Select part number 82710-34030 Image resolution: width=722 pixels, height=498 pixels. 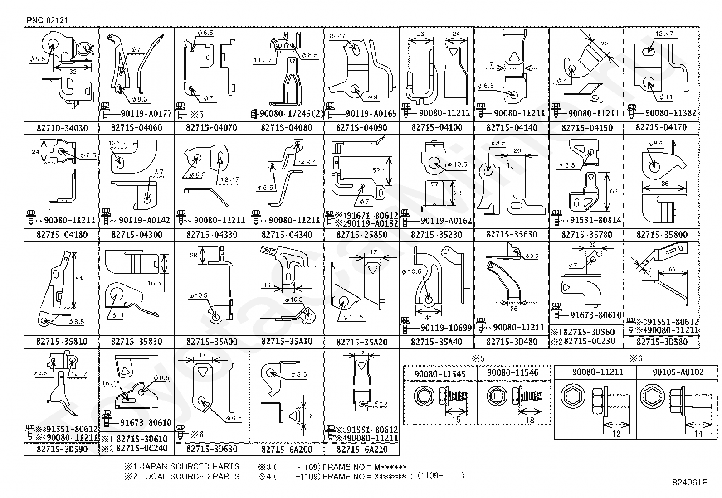pos(62,128)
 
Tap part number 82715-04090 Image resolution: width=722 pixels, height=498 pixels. pos(361,128)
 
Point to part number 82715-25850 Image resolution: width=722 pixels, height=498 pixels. pos(361,235)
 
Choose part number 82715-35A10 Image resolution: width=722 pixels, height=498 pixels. pos(287,341)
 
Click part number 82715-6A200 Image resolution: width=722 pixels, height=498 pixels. pos(287,449)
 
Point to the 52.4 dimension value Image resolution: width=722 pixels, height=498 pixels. pos(379,170)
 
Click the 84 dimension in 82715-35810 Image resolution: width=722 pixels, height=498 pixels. pos(79,278)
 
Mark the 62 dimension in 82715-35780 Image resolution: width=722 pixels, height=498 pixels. pos(614,191)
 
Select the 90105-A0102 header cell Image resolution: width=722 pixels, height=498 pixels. pos(678,372)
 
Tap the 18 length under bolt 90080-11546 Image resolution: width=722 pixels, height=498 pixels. pos(529,420)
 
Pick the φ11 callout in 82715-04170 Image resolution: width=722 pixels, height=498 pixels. pos(666,97)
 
